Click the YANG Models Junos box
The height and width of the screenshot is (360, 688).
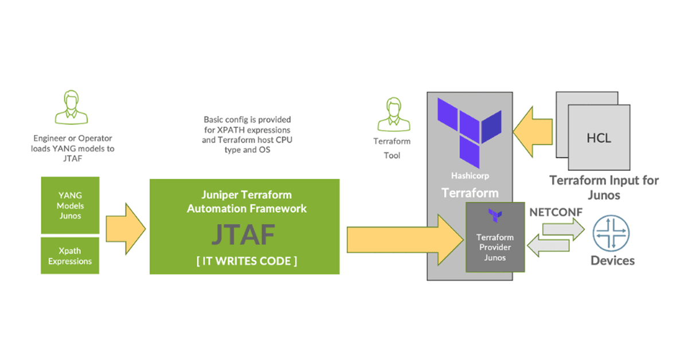70,205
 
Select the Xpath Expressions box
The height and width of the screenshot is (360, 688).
70,256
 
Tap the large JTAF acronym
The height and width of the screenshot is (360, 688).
247,234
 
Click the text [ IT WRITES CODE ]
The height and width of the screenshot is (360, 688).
247,261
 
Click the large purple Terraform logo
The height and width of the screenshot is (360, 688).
469,127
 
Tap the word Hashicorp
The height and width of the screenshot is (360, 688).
470,176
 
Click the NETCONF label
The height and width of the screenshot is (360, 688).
556,212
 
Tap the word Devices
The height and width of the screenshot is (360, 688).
613,261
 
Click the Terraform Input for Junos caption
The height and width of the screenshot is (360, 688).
604,186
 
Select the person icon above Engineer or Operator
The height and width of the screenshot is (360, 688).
72,109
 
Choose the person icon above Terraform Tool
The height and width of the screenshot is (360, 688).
392,115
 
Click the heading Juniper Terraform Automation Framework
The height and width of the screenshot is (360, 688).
247,201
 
